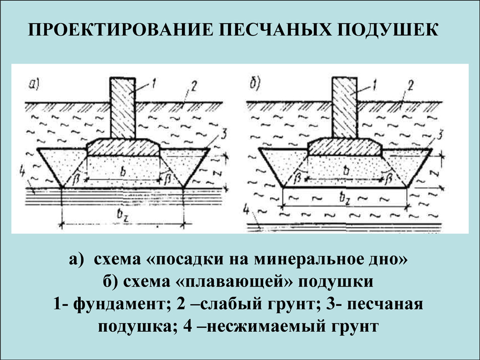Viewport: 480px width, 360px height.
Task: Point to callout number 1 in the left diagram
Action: [154, 83]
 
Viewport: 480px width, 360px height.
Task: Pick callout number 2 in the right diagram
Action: [410, 86]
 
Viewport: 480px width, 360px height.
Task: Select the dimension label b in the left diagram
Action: [123, 172]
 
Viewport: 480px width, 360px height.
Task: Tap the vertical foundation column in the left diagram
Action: [123, 108]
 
